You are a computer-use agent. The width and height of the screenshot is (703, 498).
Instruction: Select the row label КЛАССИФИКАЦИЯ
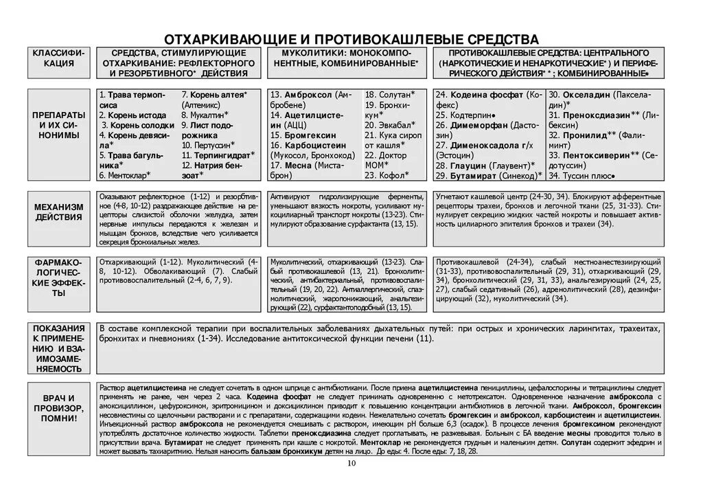tap(59, 58)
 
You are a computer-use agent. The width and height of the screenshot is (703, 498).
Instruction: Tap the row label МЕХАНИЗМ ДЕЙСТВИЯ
tap(59, 212)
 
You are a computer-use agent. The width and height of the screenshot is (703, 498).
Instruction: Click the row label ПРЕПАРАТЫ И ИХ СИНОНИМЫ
tap(59, 125)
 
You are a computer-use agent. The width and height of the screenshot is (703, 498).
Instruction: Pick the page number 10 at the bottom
tap(351, 464)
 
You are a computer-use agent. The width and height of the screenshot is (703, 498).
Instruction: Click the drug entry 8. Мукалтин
tap(205, 115)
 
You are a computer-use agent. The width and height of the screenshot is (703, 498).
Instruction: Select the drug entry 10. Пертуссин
tap(208, 145)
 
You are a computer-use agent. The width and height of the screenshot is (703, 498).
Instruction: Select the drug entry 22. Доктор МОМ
tap(388, 160)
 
